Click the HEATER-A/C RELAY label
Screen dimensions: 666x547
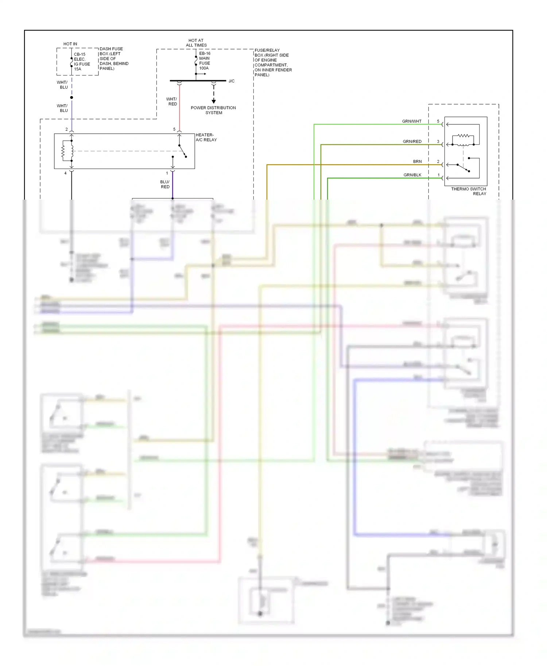click(x=206, y=137)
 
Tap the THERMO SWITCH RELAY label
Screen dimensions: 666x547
click(x=468, y=191)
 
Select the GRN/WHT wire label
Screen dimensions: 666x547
click(x=411, y=121)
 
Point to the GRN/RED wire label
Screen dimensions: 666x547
click(x=412, y=141)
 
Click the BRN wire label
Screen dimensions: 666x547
click(x=417, y=161)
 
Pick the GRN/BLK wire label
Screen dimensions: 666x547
click(x=412, y=175)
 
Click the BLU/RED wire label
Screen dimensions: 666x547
click(x=165, y=184)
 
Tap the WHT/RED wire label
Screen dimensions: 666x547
click(x=171, y=102)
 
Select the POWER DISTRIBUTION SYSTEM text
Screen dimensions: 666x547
click(x=213, y=110)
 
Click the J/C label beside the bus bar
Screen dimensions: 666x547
click(x=232, y=81)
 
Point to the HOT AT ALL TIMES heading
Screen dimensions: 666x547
click(x=196, y=43)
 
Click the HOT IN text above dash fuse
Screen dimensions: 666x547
click(x=70, y=44)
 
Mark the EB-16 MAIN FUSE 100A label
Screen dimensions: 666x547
click(x=204, y=61)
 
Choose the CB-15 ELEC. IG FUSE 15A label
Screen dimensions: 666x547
click(x=82, y=62)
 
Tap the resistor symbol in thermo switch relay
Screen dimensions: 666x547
click(x=463, y=136)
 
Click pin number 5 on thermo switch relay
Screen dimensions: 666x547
click(x=438, y=121)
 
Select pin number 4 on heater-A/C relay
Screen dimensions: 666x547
click(x=66, y=173)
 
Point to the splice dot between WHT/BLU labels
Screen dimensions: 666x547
click(x=71, y=97)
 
